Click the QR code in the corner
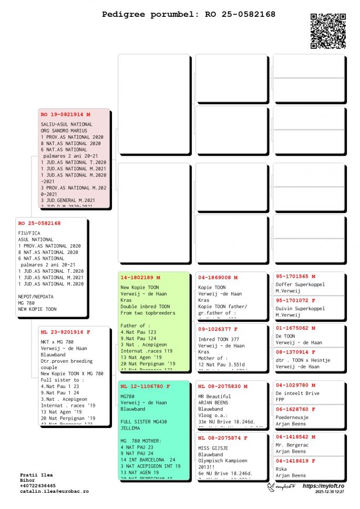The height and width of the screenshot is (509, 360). tap(328, 31)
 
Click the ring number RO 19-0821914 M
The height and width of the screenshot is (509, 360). tap(66, 114)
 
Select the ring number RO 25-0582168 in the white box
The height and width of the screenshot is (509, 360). tap(39, 223)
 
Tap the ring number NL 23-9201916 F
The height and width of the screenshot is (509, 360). tap(66, 332)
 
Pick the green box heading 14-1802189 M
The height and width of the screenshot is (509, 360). tap(140, 278)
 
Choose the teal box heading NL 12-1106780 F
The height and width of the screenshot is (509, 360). tap(146, 386)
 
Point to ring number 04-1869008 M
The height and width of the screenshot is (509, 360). tap(218, 278)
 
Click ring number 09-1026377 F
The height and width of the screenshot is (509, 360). tap(218, 329)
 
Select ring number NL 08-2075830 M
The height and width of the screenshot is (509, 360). tap(223, 386)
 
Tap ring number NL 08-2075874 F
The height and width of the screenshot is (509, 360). tap(223, 438)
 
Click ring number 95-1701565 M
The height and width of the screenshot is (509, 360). tap(295, 276)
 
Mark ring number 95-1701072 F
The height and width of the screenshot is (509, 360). tap(295, 300)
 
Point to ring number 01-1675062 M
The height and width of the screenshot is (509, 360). tap(295, 328)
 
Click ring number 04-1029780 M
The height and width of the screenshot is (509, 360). tap(295, 385)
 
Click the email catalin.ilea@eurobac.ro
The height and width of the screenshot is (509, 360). tap(54, 492)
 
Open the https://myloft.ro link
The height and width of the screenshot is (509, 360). tap(323, 486)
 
